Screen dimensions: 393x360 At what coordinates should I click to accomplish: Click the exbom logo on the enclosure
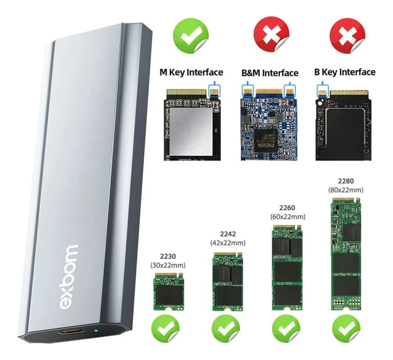click(x=70, y=276)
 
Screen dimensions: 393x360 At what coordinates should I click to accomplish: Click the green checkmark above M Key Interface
click(x=190, y=34)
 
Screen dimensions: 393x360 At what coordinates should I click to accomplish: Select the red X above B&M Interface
click(x=270, y=34)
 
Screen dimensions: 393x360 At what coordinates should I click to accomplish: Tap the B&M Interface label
click(x=270, y=73)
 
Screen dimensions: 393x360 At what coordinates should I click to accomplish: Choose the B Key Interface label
click(x=344, y=72)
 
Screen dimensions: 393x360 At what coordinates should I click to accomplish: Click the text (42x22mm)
click(x=227, y=242)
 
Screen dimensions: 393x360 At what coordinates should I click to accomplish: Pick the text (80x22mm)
click(x=346, y=190)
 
